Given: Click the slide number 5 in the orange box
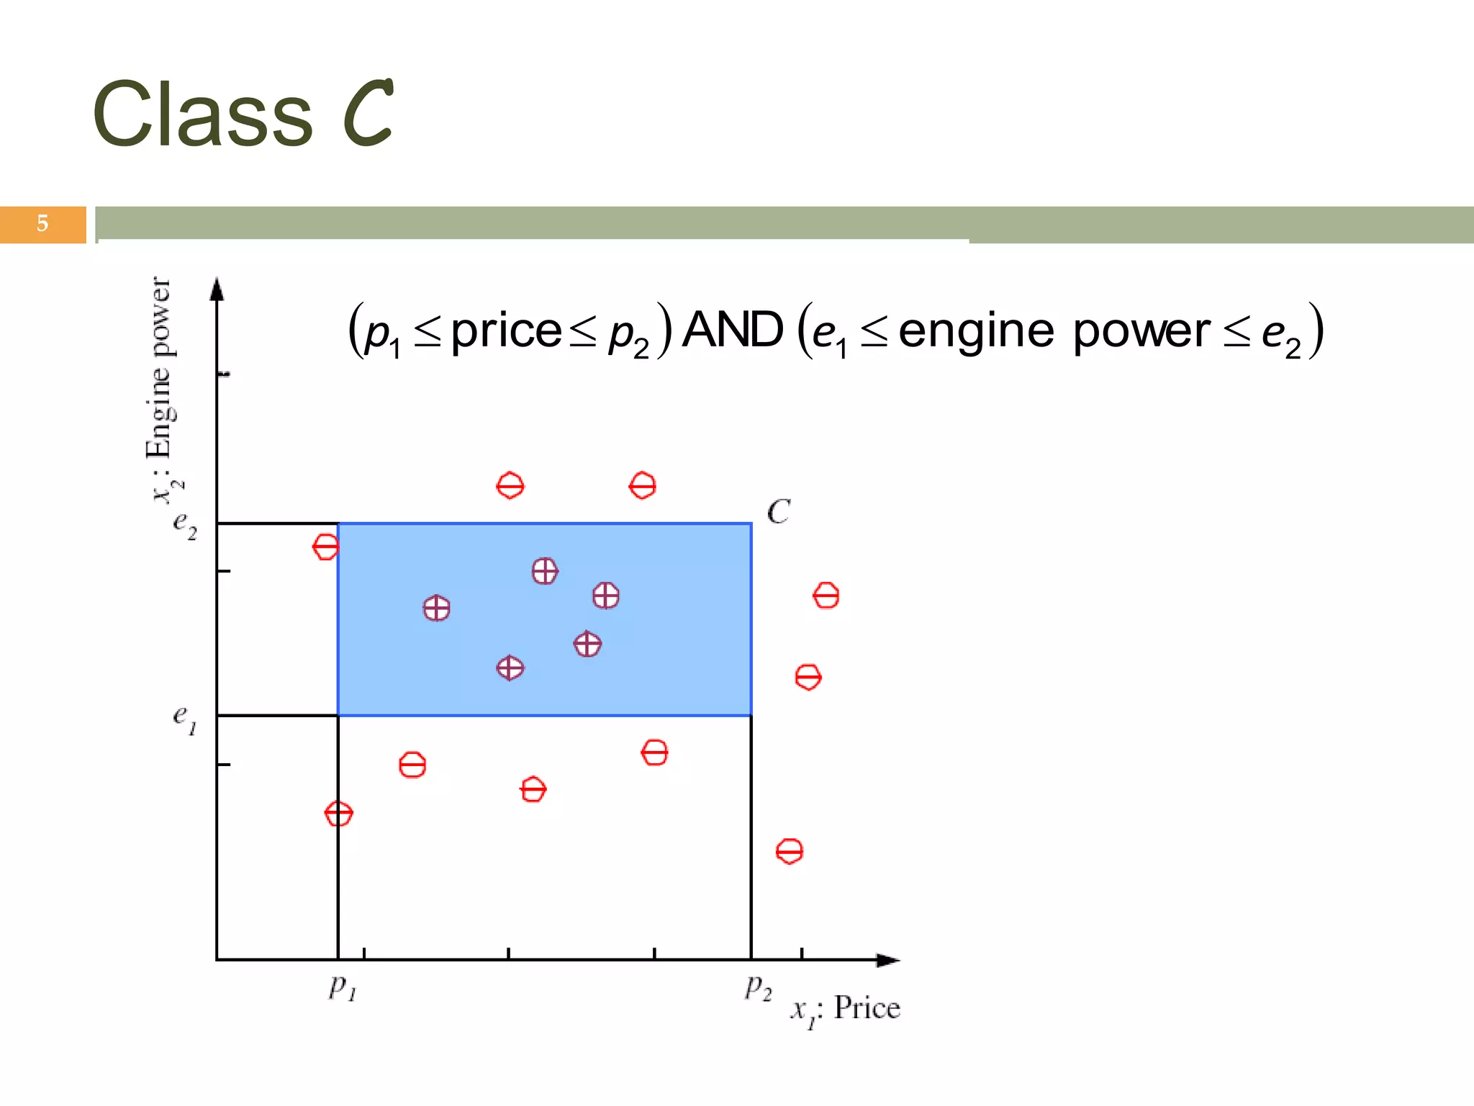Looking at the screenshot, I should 42,224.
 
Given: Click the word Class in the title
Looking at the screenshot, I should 203,115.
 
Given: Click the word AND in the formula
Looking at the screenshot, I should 732,331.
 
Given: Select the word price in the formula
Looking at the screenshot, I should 506,332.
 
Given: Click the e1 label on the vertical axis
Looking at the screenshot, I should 184,718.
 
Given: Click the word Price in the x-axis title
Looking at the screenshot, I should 867,1007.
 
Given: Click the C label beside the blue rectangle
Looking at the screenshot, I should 778,512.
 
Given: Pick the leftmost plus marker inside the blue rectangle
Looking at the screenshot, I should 436,608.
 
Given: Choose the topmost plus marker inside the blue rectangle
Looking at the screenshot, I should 545,571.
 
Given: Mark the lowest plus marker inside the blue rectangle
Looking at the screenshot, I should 510,668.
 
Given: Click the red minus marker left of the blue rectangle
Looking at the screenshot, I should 325,547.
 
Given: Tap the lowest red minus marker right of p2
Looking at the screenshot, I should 790,851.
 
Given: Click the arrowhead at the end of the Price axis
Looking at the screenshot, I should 888,960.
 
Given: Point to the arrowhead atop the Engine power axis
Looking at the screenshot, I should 217,289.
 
